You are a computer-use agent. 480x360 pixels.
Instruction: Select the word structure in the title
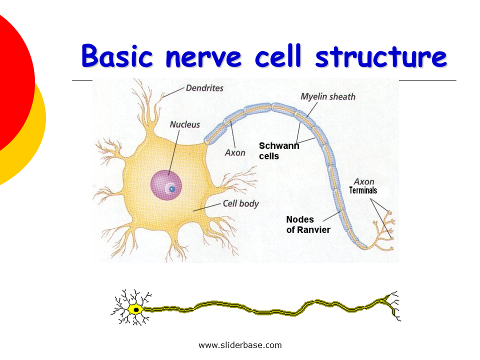click(x=381, y=57)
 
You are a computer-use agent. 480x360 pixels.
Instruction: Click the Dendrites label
click(x=204, y=88)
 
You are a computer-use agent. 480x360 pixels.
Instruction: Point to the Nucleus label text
click(x=184, y=124)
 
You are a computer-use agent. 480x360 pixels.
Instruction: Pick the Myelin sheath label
click(x=328, y=96)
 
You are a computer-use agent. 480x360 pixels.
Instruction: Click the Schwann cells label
click(x=278, y=150)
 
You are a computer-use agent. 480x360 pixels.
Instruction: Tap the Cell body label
click(x=240, y=203)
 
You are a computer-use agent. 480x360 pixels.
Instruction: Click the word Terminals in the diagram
click(x=363, y=190)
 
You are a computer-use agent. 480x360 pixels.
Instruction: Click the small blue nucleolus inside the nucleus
click(x=171, y=189)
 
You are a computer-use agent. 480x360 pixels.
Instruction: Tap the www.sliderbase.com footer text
click(x=240, y=345)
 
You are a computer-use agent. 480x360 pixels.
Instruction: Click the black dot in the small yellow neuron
click(x=135, y=310)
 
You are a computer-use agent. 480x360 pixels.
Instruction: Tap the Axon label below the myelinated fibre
click(x=235, y=152)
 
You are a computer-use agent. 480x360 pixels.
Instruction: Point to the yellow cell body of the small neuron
click(x=131, y=309)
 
